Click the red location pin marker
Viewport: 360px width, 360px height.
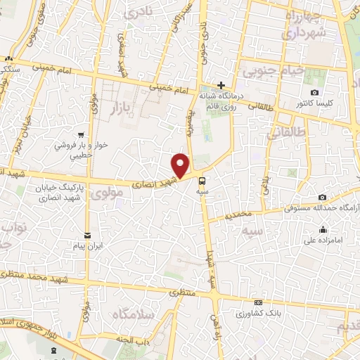pyautogui.click(x=181, y=165)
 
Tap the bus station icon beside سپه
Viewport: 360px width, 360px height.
pyautogui.click(x=202, y=179)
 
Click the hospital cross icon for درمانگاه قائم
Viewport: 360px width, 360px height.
pyautogui.click(x=221, y=85)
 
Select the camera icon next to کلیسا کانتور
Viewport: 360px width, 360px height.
pyautogui.click(x=314, y=93)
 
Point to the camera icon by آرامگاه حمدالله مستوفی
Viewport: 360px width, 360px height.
pyautogui.click(x=322, y=198)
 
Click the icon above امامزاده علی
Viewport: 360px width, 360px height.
pyautogui.click(x=323, y=230)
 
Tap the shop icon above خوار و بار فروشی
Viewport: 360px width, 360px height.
pyautogui.click(x=82, y=135)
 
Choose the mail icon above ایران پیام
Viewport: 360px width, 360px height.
pyautogui.click(x=87, y=236)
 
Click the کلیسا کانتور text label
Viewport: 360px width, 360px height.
pyautogui.click(x=314, y=103)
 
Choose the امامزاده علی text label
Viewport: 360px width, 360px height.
pyautogui.click(x=323, y=240)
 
